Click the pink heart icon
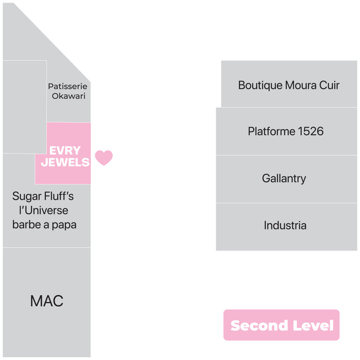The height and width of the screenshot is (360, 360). tap(104, 157)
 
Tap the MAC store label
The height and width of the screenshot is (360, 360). tap(47, 301)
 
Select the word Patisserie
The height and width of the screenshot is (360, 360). tap(67, 86)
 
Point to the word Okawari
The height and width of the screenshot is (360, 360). tap(68, 96)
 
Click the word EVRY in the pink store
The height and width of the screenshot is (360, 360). tap(65, 150)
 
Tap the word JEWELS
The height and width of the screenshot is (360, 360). tap(65, 162)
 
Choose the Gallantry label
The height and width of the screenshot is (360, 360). tap(284, 179)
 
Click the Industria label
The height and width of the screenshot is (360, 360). tap(285, 225)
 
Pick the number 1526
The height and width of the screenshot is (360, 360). tap(310, 131)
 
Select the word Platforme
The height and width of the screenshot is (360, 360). tap(271, 131)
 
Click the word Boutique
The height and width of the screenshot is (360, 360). tap(260, 85)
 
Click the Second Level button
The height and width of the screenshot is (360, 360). tap(281, 325)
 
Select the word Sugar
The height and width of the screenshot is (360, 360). tap(27, 197)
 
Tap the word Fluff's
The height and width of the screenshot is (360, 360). tap(59, 196)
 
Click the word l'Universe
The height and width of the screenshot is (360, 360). tap(43, 210)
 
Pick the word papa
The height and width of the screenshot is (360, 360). tap(64, 225)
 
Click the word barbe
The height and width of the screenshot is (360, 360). tap(26, 224)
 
